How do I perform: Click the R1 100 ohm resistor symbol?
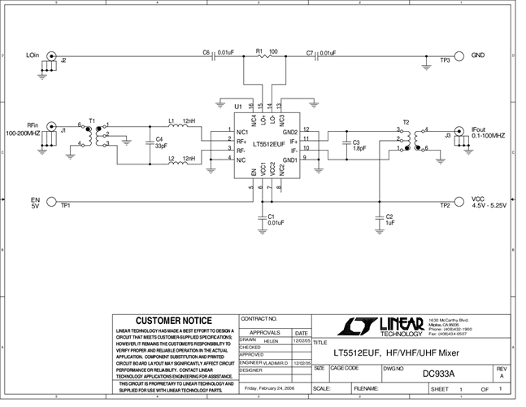coord(261,57)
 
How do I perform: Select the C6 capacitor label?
coord(206,52)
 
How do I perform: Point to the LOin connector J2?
coord(52,57)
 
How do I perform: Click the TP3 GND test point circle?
coord(459,57)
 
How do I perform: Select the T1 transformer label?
coord(92,120)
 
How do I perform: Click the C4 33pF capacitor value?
coord(160,147)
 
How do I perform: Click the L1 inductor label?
coord(172,121)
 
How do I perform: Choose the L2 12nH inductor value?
coord(189,158)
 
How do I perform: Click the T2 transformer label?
coord(406,120)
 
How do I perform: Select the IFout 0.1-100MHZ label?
coord(487,132)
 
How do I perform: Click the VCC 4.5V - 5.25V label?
coord(488,203)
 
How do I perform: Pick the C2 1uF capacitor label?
coord(389,217)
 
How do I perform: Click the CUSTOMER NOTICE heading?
coord(173,320)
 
